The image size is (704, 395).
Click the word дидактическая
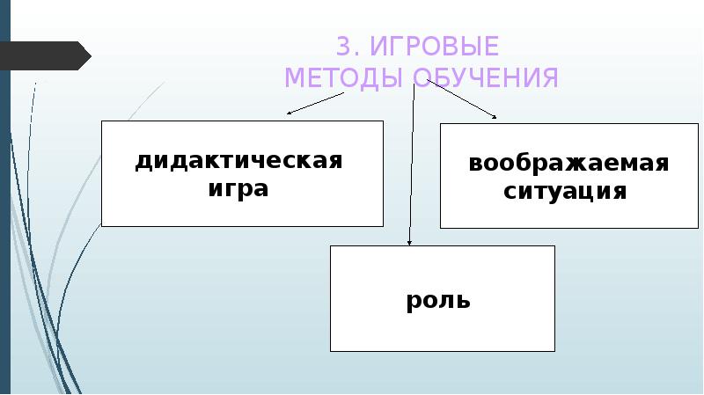pos(238,162)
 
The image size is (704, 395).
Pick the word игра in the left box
pos(239,188)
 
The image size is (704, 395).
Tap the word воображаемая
pos(568,164)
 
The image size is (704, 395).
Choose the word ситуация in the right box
pos(566,191)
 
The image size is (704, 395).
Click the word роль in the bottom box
pos(438,301)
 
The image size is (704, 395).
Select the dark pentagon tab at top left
pos(44,55)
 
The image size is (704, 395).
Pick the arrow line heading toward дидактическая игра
pos(352,96)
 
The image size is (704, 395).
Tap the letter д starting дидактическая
pos(143,163)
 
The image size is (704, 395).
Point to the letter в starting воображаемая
pos(475,165)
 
